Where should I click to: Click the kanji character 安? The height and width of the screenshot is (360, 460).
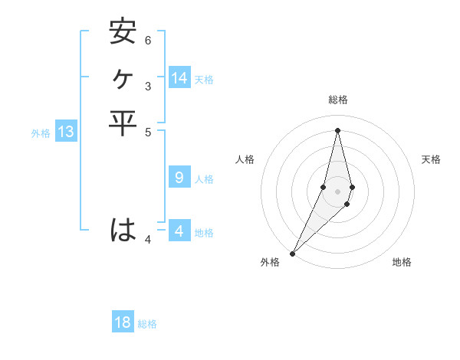123,32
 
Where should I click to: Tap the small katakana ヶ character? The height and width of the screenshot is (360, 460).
123,78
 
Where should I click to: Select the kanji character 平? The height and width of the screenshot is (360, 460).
123,123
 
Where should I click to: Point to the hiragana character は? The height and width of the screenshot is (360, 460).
123,230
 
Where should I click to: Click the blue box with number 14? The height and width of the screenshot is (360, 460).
179,78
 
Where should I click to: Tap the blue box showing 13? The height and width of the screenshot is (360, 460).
65,132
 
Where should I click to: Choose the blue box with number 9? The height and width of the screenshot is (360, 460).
179,178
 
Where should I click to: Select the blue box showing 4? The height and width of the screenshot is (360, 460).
179,231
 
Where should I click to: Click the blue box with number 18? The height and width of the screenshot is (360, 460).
123,322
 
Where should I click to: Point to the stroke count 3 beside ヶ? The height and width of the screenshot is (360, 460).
148,87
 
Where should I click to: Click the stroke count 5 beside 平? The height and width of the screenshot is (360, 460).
148,132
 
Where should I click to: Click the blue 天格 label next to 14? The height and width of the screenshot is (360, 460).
204,80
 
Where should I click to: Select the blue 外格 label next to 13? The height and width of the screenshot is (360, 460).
41,133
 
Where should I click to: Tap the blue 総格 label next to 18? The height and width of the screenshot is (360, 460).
147,324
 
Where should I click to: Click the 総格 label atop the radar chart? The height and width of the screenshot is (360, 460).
338,100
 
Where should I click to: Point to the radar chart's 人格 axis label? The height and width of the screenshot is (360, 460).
245,159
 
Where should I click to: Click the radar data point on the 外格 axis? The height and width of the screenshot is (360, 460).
292,254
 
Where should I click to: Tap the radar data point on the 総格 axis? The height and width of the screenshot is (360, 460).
338,129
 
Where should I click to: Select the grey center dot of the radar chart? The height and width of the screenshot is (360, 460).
338,191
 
